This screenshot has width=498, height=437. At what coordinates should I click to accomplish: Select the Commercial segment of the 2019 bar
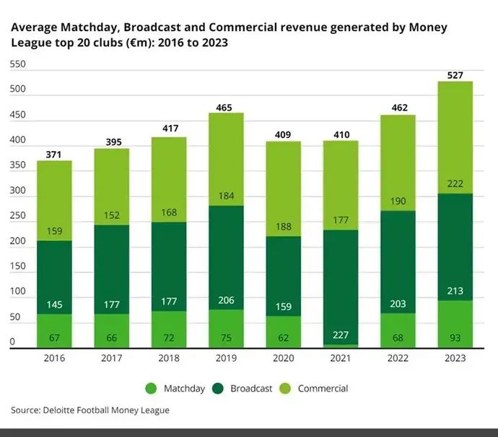(226, 159)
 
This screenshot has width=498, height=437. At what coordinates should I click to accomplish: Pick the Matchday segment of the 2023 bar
(455, 324)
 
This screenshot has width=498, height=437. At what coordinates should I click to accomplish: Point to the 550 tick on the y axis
(17, 64)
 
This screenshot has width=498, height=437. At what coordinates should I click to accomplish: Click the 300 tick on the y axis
(17, 191)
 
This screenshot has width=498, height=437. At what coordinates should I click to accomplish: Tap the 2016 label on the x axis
(54, 358)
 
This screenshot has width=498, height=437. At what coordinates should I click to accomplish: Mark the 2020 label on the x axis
(283, 358)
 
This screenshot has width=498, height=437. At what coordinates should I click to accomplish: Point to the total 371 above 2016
(54, 154)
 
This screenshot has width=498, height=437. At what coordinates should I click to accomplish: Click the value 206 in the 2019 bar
(226, 300)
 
